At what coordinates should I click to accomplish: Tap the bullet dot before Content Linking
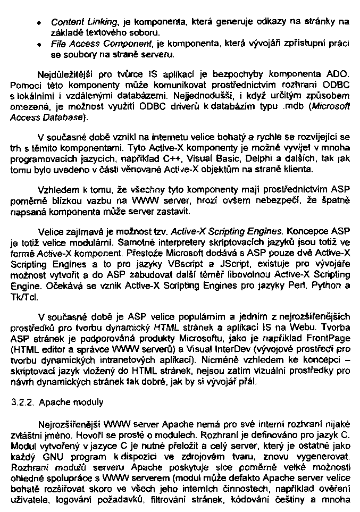coord(40,23)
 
